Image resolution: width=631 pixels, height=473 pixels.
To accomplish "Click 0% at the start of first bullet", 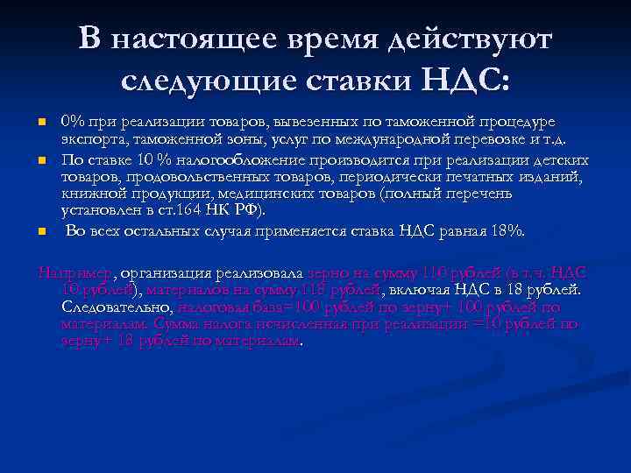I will [x=72, y=121].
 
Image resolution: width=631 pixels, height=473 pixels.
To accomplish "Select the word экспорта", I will [x=92, y=138].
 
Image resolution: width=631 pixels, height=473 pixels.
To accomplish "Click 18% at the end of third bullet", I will [x=508, y=231].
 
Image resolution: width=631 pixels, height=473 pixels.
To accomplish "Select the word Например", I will [x=74, y=272].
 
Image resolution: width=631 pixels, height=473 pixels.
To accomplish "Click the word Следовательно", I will [x=117, y=307].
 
